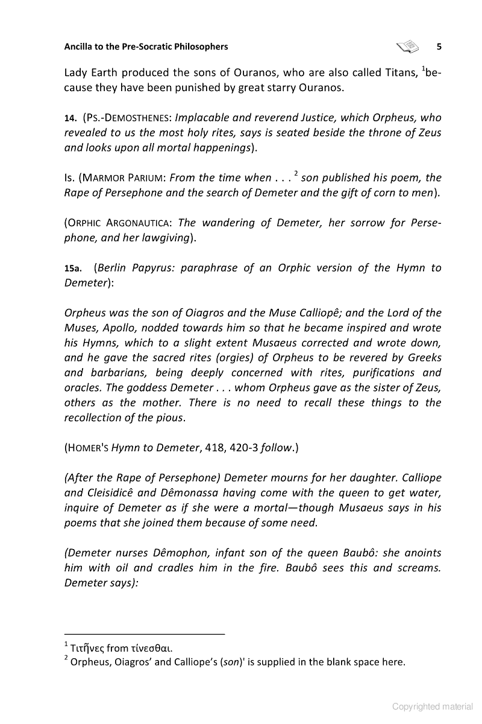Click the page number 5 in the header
click(x=439, y=46)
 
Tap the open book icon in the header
click(x=407, y=46)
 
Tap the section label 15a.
click(x=73, y=268)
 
